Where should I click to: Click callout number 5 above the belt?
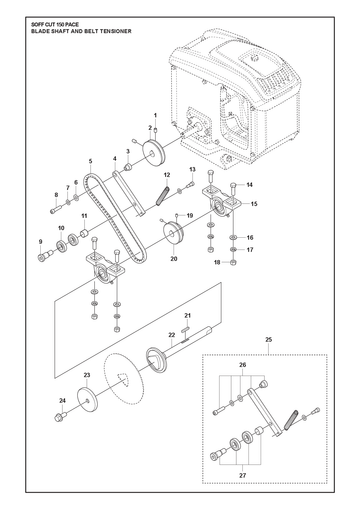click(90, 161)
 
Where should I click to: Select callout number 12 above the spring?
click(167, 175)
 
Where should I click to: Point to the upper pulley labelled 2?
click(154, 153)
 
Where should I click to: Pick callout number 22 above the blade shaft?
click(172, 335)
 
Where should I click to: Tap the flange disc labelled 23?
click(87, 400)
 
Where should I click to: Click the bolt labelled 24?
click(60, 416)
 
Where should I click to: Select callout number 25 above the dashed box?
click(269, 340)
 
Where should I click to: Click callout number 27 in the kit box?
click(243, 475)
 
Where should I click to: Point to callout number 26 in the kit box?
click(243, 365)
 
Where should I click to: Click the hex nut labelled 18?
click(233, 262)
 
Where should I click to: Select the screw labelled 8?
click(56, 210)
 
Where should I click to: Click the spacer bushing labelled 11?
click(85, 231)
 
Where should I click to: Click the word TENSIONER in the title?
click(114, 31)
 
